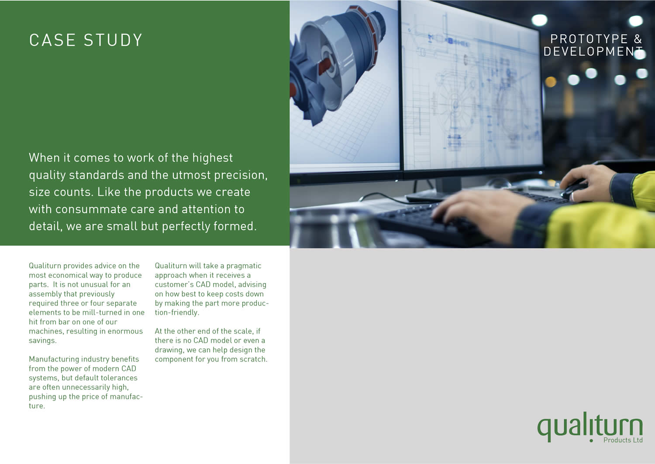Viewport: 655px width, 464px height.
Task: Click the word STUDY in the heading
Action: [113, 40]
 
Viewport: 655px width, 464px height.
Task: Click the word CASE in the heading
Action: [52, 40]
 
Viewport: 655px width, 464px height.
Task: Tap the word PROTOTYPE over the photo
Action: [589, 39]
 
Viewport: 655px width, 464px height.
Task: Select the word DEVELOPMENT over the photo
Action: [593, 51]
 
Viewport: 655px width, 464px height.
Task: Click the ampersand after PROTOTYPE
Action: [638, 39]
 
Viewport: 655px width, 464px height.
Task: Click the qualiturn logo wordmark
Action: [590, 426]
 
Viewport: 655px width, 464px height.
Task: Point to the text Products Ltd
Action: [623, 440]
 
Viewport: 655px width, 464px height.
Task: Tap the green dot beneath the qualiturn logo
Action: [591, 440]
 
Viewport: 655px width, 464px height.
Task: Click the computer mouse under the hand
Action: [573, 191]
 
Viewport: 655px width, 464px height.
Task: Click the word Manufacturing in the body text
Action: [54, 359]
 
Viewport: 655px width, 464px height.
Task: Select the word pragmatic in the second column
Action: [244, 266]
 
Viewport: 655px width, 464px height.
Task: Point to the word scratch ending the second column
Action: [252, 359]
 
